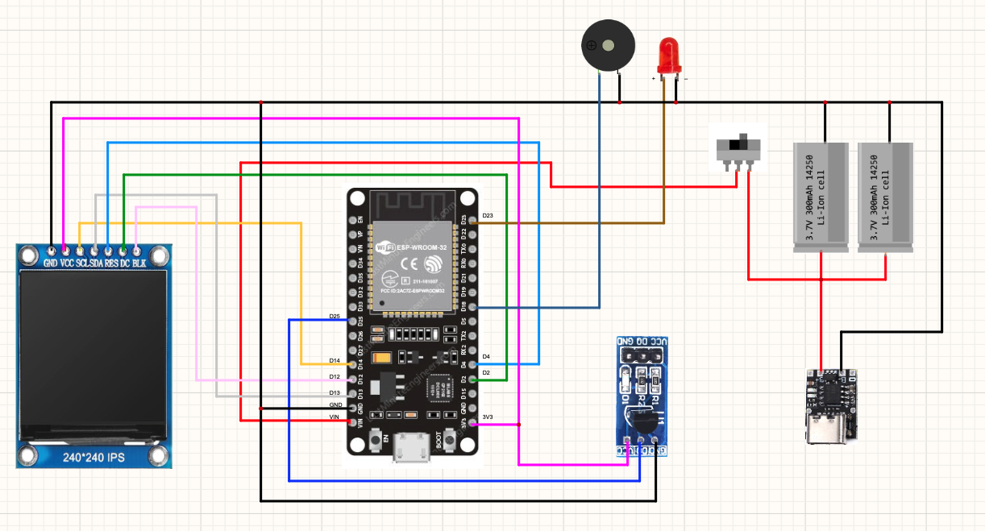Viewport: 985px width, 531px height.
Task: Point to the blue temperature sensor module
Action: tap(642, 396)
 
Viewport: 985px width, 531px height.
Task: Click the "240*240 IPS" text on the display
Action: tap(95, 457)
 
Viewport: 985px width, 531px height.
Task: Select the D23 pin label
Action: tap(487, 216)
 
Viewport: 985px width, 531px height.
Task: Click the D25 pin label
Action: tap(335, 316)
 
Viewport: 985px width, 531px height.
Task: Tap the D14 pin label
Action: tap(335, 360)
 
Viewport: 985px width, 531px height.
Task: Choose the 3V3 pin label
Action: tap(487, 417)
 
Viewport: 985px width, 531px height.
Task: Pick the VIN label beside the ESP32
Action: tap(335, 416)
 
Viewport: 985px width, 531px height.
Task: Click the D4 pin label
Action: tap(486, 356)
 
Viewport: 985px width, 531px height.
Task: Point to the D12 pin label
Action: tap(335, 376)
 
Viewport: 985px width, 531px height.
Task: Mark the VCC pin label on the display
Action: tap(66, 263)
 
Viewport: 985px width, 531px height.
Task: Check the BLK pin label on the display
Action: tap(139, 263)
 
